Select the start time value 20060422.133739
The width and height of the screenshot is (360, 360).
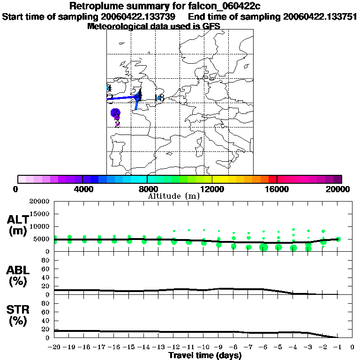click(138, 17)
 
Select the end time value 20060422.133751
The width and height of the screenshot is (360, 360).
click(319, 17)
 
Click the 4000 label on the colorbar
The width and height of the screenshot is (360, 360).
click(82, 189)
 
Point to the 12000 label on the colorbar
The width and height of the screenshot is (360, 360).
click(212, 189)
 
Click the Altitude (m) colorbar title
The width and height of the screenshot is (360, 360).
click(173, 196)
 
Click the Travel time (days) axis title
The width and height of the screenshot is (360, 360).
click(205, 356)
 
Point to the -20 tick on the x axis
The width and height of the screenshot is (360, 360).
click(55, 347)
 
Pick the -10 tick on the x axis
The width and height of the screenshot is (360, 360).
click(204, 347)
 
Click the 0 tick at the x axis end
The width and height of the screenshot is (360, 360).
click(352, 347)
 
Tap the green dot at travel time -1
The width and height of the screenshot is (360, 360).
click(338, 239)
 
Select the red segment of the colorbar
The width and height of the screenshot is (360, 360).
click(272, 179)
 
